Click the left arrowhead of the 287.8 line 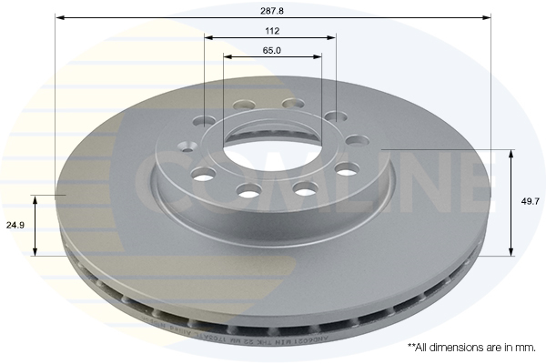[x=58, y=17]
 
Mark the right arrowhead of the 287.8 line [x=488, y=17]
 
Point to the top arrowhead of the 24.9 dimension [x=36, y=198]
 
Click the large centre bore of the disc [x=270, y=150]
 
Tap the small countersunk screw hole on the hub [x=187, y=147]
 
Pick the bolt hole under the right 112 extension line [x=335, y=117]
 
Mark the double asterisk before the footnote [x=411, y=347]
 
